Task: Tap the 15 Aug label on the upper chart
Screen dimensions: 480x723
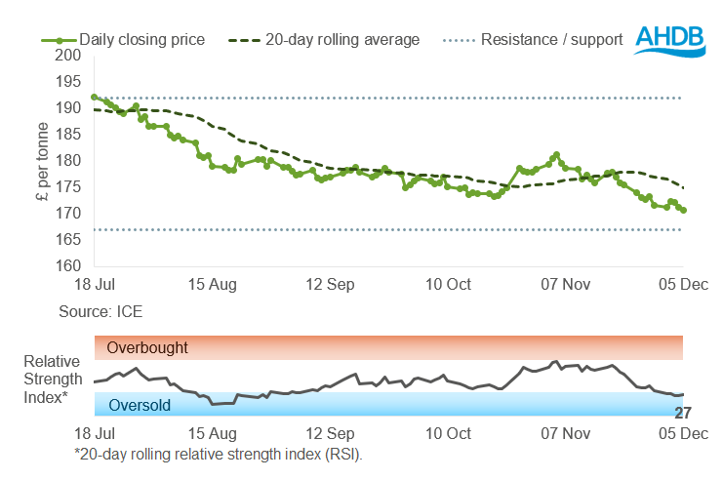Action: (x=211, y=284)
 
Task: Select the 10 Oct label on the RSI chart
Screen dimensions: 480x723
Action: (x=448, y=431)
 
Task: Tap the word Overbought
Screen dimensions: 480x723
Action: (x=147, y=347)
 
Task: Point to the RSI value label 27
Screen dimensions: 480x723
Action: (x=683, y=413)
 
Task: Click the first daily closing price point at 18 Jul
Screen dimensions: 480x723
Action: (x=94, y=97)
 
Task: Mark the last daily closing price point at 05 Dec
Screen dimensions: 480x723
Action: (x=683, y=210)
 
